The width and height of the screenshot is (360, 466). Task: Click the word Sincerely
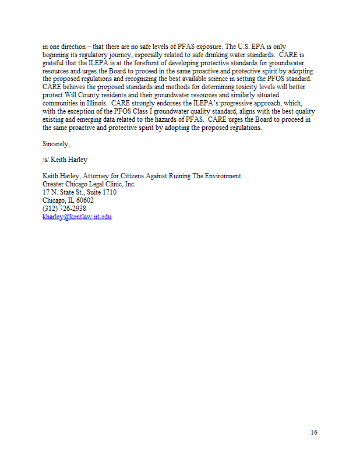[x=56, y=143]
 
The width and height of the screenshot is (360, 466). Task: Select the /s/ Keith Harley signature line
[x=64, y=160]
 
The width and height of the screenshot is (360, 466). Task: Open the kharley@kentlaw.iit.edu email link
[x=77, y=217]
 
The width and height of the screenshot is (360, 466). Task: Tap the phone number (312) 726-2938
[x=64, y=209]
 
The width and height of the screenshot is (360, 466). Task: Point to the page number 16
[x=313, y=432]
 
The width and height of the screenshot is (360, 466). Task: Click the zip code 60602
[x=84, y=200]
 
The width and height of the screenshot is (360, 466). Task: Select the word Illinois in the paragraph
[x=96, y=103]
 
